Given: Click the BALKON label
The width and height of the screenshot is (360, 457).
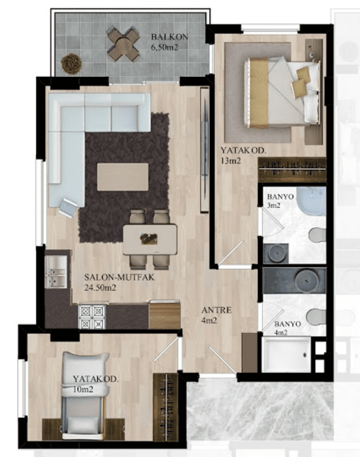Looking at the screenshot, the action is coord(170,37).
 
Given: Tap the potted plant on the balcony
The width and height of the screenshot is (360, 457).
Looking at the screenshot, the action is coord(71,64).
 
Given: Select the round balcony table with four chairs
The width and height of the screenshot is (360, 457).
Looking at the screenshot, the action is coord(123,44).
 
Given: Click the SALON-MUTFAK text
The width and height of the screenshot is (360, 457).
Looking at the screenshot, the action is coord(119,277).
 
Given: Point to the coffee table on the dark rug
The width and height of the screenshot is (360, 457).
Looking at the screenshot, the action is coord(122,177).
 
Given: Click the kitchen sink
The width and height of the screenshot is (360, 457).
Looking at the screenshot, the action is coord(56,272).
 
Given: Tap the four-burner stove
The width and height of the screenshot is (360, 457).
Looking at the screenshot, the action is coord(91,317).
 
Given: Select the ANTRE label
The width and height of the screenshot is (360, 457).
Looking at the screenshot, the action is coord(217,310).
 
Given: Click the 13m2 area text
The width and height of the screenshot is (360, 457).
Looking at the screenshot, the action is coord(231,160).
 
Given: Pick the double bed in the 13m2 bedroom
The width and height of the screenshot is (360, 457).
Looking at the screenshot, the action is coord(281,92).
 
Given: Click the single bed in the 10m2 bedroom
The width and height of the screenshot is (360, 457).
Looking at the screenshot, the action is coord(84,396).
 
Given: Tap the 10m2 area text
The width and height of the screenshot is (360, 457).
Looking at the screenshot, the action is coord(83,389).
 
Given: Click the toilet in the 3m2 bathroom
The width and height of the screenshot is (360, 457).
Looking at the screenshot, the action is coord(317,235).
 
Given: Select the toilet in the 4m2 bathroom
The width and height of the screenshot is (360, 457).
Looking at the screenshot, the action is coord(316,316).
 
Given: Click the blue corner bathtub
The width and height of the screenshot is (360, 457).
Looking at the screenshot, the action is coord(311,202).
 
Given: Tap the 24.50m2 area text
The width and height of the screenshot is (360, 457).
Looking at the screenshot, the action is coord(100,288).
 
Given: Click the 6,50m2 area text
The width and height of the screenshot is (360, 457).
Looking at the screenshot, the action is coord(165,47).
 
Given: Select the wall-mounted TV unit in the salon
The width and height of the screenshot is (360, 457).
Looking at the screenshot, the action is coord(204,150).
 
